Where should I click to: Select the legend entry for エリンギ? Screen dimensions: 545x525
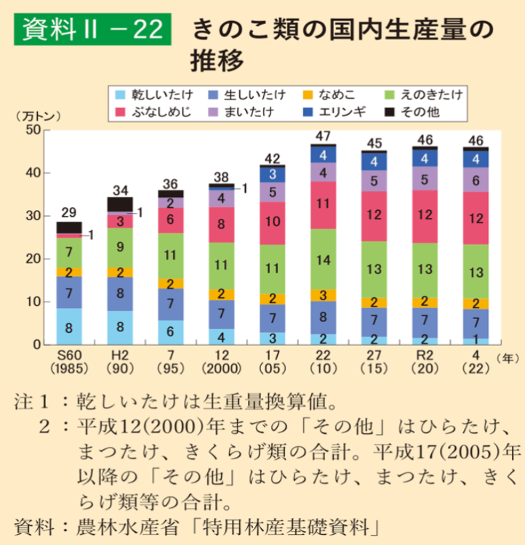(x=339, y=111)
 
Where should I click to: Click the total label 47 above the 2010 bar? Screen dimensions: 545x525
(x=322, y=136)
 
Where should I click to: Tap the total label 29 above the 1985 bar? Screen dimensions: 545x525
(x=69, y=211)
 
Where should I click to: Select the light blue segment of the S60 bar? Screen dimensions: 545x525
(x=69, y=326)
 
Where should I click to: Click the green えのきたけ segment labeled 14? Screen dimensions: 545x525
(x=322, y=259)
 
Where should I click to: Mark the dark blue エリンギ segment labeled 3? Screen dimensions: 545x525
(x=271, y=174)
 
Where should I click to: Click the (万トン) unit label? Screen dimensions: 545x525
(x=41, y=115)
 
